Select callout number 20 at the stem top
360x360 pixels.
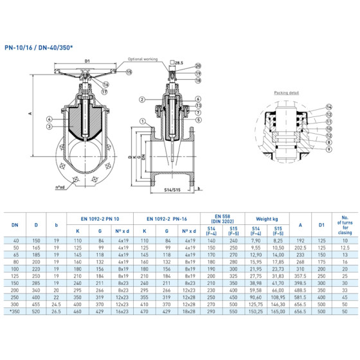coord(197,66)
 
